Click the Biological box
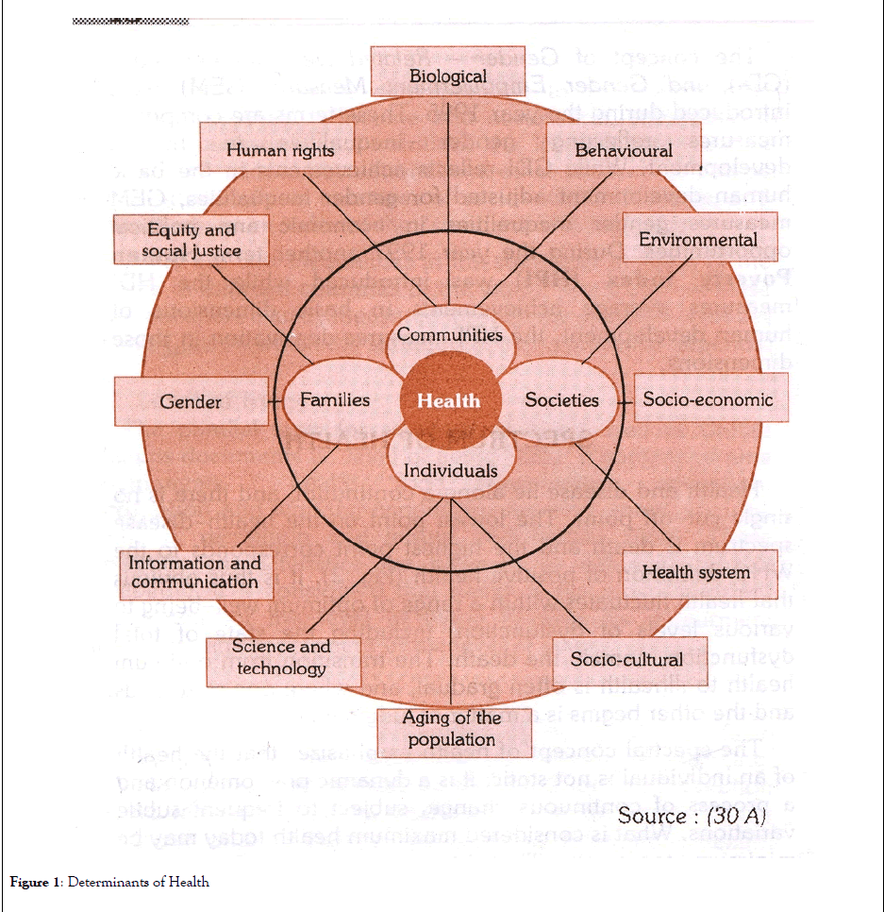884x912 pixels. (x=448, y=76)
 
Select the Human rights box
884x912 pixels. (x=280, y=150)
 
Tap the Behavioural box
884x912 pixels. (x=624, y=150)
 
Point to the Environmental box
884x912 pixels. (x=697, y=239)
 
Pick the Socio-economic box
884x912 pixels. (x=708, y=399)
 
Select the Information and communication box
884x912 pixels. (x=194, y=572)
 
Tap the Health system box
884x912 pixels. (x=696, y=572)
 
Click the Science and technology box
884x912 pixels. (x=281, y=657)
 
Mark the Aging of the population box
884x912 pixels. (x=451, y=729)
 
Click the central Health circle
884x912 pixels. (x=448, y=400)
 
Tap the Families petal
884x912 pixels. (x=334, y=400)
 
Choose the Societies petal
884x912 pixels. (x=562, y=400)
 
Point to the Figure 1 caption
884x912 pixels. (x=109, y=883)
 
